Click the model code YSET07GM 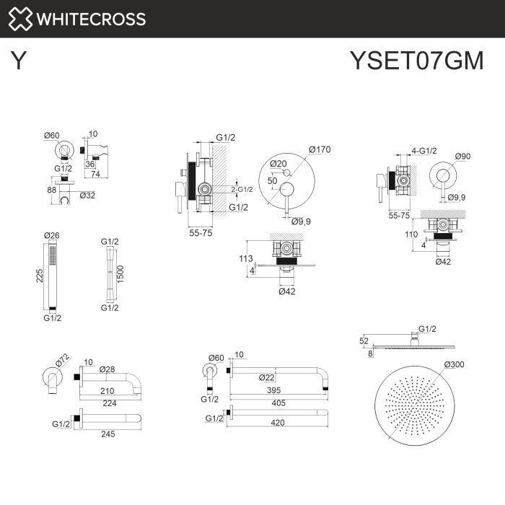[416, 61]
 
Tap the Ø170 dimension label [319, 150]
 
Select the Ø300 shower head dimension [454, 364]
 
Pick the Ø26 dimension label [51, 235]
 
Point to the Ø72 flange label [61, 359]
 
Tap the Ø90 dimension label [463, 157]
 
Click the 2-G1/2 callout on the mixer [242, 190]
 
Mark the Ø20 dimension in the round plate [278, 164]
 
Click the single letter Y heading [19, 61]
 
